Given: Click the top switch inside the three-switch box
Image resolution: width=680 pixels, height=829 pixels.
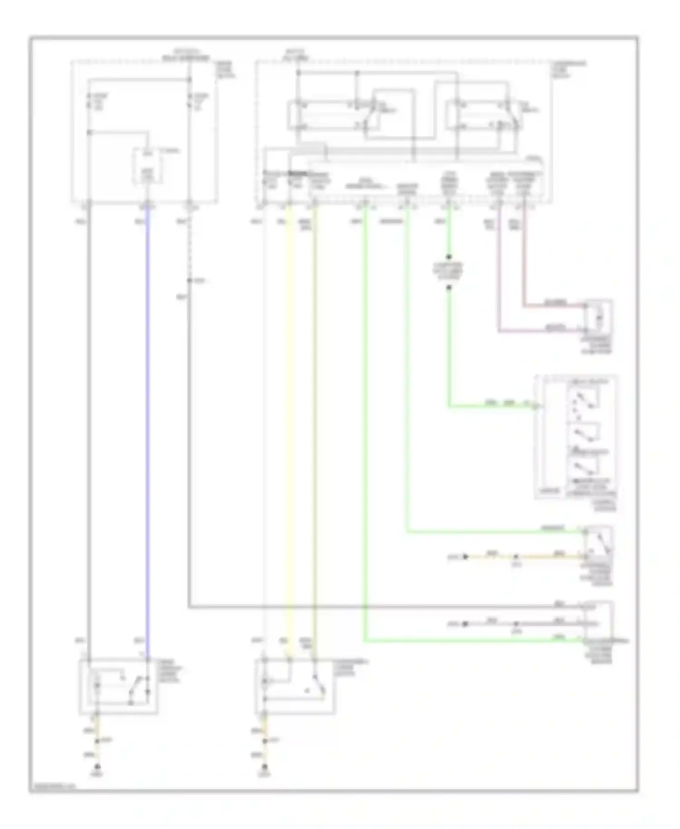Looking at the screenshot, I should [584, 400].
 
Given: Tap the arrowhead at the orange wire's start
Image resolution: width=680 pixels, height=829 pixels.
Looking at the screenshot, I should [465, 556].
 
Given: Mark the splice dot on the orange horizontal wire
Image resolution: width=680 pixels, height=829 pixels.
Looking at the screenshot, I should [515, 556].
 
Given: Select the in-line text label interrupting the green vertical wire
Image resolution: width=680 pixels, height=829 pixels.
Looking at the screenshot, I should [448, 272].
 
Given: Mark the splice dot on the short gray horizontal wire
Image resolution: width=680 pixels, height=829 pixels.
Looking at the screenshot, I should [515, 624].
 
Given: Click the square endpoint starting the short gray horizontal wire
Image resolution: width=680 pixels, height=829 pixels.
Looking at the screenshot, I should [465, 624].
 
